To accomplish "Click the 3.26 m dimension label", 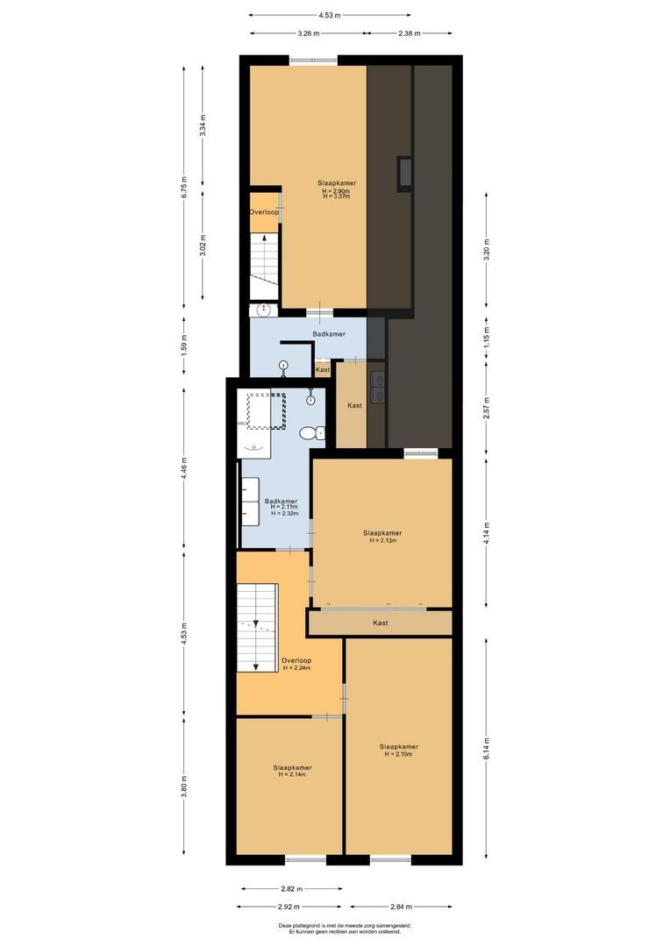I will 307,33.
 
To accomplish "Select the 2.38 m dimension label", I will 409,33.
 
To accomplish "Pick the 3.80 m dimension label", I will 184,783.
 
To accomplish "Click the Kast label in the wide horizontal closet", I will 380,623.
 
